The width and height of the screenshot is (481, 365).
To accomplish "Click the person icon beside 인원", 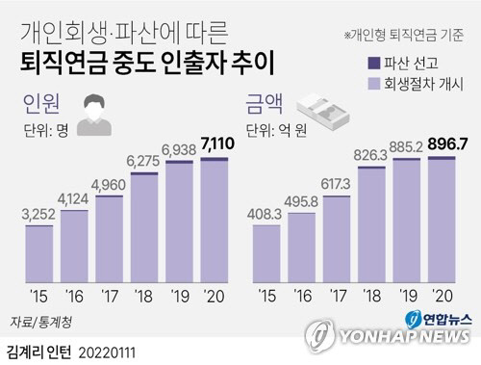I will [x=91, y=116].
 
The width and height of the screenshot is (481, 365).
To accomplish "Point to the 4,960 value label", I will [x=109, y=185].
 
